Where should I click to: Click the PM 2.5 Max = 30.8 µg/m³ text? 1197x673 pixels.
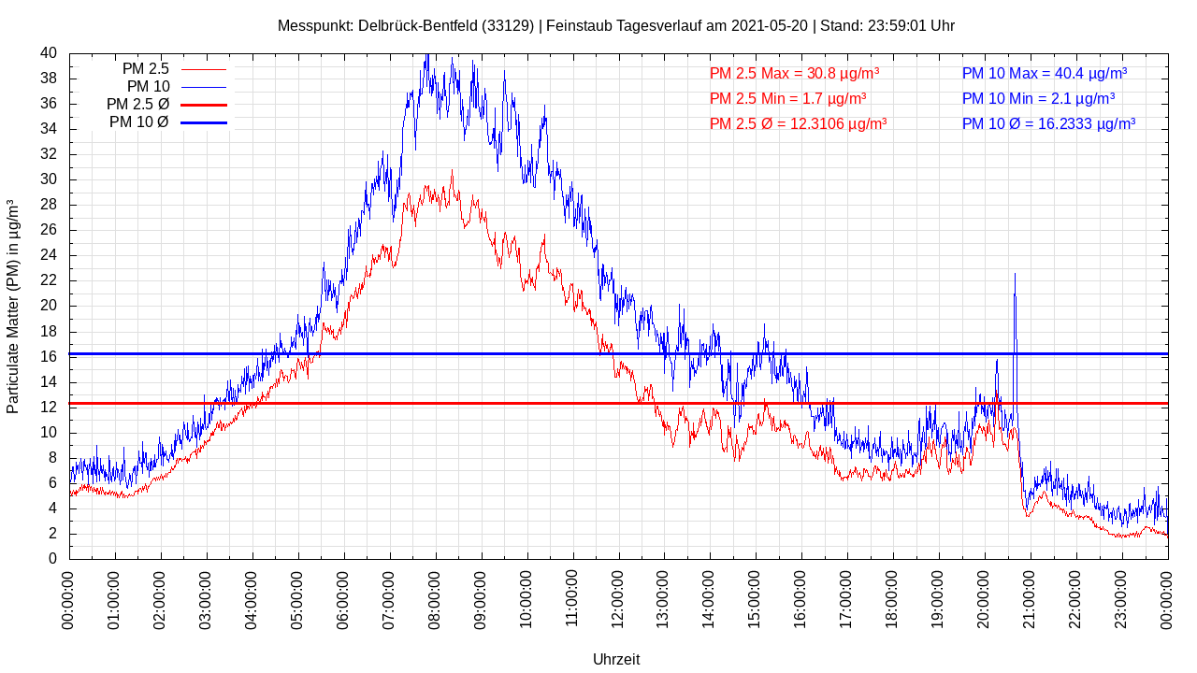(x=794, y=73)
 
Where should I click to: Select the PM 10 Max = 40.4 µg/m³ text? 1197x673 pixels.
(x=1044, y=73)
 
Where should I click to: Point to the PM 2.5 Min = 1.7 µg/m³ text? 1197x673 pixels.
(x=787, y=98)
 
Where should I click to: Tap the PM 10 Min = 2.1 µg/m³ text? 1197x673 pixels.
(x=1038, y=98)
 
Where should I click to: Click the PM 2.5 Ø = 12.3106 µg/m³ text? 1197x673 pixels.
(x=798, y=123)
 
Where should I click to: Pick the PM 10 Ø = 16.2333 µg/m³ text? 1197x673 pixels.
(x=1048, y=123)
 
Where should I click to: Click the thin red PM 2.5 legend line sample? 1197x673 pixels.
(x=203, y=69)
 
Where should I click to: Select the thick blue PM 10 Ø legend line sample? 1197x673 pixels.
(x=203, y=122)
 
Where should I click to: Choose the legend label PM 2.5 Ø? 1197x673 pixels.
(x=137, y=105)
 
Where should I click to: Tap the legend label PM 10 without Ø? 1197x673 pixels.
(x=149, y=87)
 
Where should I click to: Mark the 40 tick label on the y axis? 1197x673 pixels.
(x=49, y=53)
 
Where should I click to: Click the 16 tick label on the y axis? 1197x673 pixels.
(x=49, y=356)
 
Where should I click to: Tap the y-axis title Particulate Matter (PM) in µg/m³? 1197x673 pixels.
(x=13, y=307)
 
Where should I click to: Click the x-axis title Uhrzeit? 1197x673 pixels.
(x=616, y=659)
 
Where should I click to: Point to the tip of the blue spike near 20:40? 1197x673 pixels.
(x=1015, y=274)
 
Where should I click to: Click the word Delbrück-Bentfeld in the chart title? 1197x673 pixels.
(x=418, y=25)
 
